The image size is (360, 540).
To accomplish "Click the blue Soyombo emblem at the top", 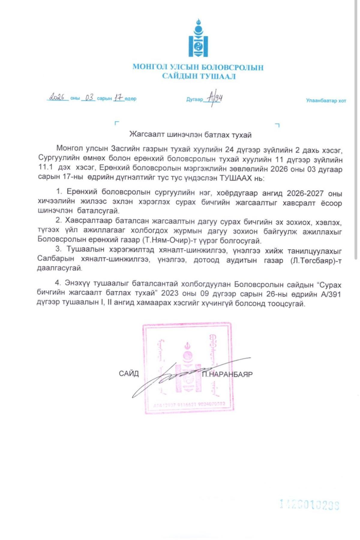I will [198, 39].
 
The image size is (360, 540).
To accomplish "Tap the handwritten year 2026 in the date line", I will [57, 97].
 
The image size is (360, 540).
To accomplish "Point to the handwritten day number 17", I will [118, 98].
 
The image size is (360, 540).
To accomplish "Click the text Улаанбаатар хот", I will [326, 101].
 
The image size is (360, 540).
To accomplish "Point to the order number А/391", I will [331, 294].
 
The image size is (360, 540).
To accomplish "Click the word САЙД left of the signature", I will [129, 373].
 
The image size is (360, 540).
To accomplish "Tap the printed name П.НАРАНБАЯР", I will [227, 374].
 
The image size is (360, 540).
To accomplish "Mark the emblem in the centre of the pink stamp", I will [188, 368].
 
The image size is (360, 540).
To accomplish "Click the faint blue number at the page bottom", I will [309, 505].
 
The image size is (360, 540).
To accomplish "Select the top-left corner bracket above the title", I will [117, 123].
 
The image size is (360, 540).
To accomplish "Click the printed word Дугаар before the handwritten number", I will [194, 99].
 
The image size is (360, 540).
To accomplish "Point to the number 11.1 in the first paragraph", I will [46, 167].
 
